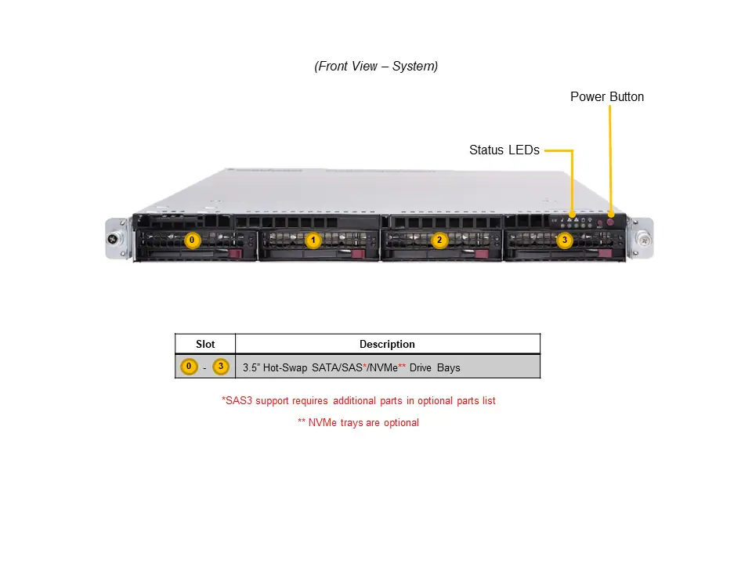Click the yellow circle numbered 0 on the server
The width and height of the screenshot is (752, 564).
click(x=193, y=240)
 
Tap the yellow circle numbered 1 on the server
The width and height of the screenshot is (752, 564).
click(x=313, y=240)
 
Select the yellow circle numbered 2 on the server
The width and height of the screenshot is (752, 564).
click(x=439, y=240)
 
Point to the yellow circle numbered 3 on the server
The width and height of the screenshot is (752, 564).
click(x=564, y=240)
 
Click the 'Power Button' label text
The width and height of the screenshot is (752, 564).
click(x=607, y=97)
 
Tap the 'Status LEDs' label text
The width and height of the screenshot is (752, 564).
click(x=504, y=150)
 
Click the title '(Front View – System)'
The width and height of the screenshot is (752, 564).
click(x=376, y=67)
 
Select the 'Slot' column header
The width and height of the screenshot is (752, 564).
click(x=204, y=344)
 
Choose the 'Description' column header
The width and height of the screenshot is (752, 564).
click(x=387, y=344)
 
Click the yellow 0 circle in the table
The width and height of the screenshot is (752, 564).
click(x=188, y=367)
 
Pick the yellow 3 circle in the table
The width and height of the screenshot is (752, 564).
click(x=221, y=367)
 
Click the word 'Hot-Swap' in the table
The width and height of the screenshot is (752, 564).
click(x=285, y=367)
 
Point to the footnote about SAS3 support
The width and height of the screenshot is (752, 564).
click(x=359, y=401)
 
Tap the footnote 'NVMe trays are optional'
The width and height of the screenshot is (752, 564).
click(x=359, y=423)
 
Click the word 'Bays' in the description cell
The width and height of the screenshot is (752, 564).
click(x=449, y=367)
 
